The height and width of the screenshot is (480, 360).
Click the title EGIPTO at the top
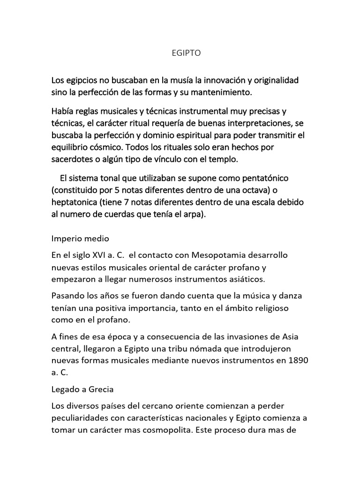(180, 53)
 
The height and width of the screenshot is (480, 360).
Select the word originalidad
(274, 80)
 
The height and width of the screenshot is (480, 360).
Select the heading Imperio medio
(80, 239)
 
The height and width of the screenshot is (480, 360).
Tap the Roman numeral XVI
(100, 255)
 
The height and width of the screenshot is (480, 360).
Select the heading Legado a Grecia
(82, 390)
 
